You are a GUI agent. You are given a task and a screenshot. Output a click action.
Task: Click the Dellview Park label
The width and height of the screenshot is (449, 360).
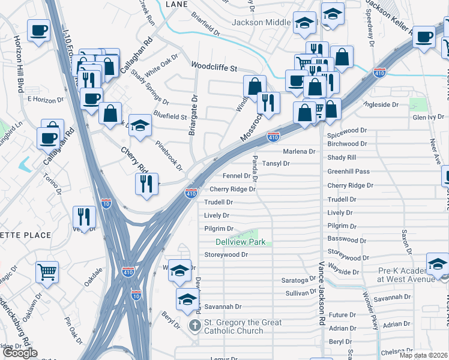pyautogui.click(x=240, y=242)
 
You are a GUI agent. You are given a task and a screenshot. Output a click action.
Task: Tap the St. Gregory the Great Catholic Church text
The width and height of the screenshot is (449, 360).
pyautogui.click(x=234, y=327)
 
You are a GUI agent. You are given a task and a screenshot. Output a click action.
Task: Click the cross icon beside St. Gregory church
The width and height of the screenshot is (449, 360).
pyautogui.click(x=194, y=326)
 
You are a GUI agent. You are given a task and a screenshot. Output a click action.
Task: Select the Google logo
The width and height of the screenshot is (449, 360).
pyautogui.click(x=20, y=353)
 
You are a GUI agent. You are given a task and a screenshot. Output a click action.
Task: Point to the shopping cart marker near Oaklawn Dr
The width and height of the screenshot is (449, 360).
pyautogui.click(x=47, y=272)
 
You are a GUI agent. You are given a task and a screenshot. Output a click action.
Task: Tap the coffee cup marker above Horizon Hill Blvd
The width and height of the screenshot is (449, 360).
pyautogui.click(x=38, y=30)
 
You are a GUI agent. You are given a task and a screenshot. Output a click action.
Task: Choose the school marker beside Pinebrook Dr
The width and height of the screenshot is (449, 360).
pyautogui.click(x=140, y=125)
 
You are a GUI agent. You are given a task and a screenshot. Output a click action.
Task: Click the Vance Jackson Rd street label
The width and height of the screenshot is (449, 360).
pyautogui.click(x=322, y=294)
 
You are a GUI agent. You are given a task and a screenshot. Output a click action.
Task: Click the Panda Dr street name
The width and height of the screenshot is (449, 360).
pyautogui.click(x=255, y=167)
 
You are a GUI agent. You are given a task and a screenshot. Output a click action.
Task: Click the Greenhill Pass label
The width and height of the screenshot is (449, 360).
pyautogui.click(x=348, y=172)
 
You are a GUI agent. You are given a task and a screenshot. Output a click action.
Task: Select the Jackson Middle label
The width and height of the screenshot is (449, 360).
pyautogui.click(x=262, y=22)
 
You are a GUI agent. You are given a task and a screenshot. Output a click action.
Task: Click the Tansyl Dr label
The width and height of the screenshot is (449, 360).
pyautogui.click(x=277, y=163)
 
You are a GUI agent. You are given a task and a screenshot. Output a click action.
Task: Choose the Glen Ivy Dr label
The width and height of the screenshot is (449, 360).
pyautogui.click(x=428, y=118)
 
